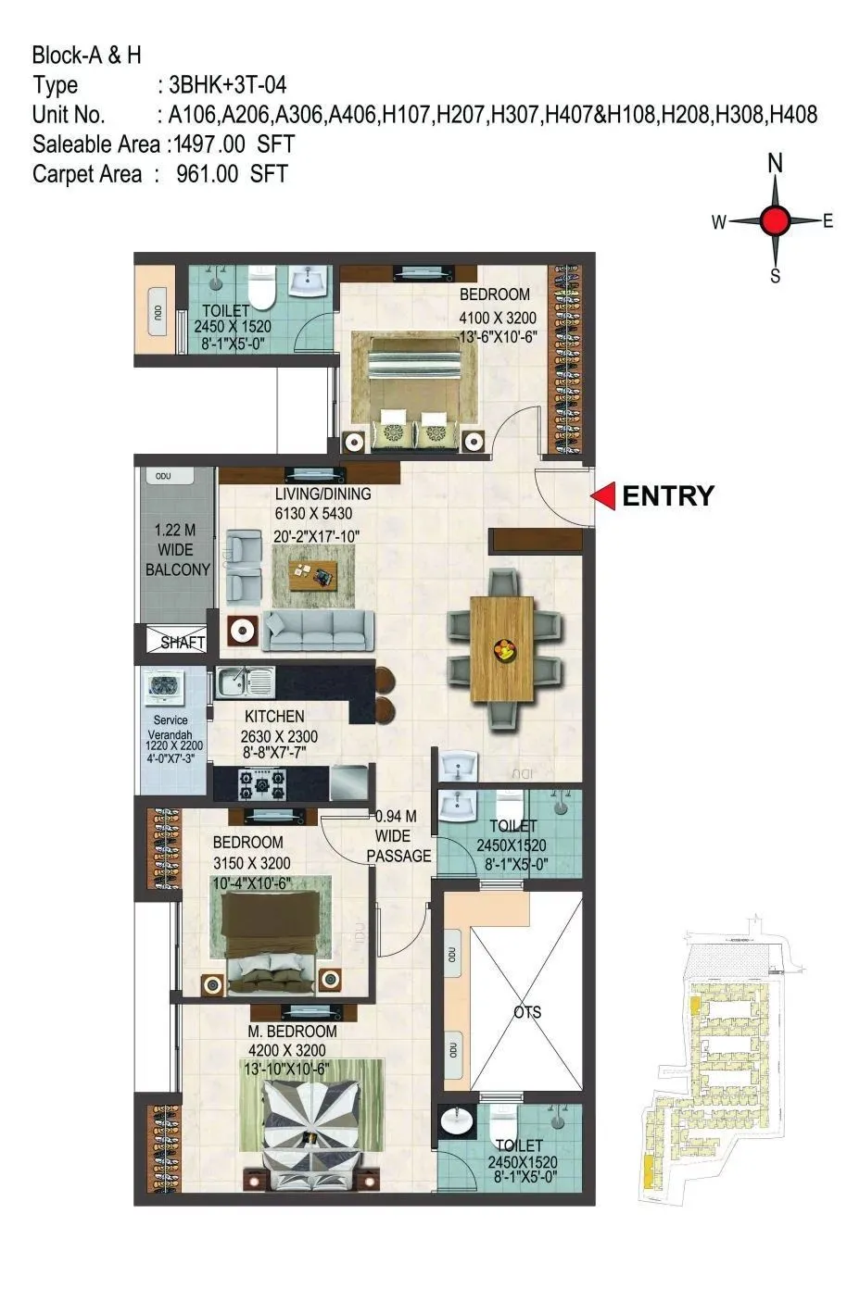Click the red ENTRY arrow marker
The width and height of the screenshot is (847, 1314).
[604, 496]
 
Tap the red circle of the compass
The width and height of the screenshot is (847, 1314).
[775, 220]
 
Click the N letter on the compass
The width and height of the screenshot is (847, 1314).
[775, 164]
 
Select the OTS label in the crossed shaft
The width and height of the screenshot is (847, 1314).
[527, 1012]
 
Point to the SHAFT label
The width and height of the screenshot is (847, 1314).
[183, 642]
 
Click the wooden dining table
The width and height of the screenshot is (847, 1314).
[502, 649]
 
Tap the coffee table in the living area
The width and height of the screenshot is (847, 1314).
[313, 574]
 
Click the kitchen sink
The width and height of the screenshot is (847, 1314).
[245, 684]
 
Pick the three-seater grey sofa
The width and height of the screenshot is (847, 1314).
[319, 632]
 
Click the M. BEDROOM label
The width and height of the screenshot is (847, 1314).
[292, 1031]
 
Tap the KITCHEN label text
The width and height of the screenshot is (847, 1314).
[274, 716]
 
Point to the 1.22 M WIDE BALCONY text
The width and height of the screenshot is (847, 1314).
[177, 551]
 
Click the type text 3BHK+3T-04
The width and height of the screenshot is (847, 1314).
[222, 85]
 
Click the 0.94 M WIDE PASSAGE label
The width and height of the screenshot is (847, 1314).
[398, 836]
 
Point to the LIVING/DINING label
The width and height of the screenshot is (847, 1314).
[313, 494]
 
